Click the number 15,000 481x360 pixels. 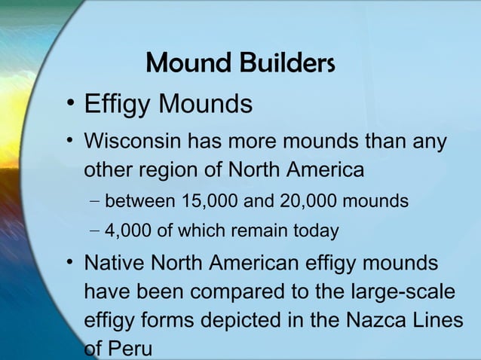[x=208, y=202]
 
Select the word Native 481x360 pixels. [x=112, y=264]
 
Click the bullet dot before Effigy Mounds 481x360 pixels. [x=69, y=104]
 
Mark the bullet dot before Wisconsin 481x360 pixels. [x=69, y=142]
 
